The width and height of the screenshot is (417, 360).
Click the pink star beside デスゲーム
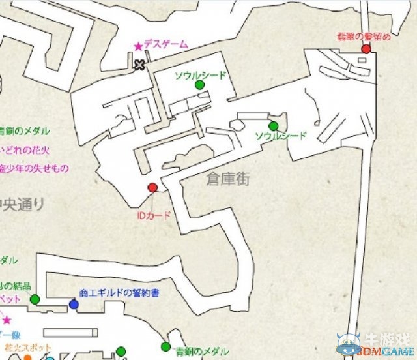[x=138, y=46]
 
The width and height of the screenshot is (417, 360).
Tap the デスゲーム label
[x=165, y=44]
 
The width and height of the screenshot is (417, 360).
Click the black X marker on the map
[x=139, y=64]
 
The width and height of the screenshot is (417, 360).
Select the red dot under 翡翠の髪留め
[x=366, y=49]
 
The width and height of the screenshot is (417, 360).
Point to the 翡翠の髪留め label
[x=364, y=37]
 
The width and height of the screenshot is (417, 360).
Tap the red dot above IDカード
[x=152, y=188]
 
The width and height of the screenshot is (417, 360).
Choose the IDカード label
[x=154, y=215]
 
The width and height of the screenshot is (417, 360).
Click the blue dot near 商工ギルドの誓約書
[x=73, y=304]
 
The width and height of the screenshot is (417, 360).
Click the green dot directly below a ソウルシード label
[x=199, y=85]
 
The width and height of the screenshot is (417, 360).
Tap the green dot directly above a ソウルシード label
[x=273, y=125]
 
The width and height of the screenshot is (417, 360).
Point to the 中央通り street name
[x=22, y=204]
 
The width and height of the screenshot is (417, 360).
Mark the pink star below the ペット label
[x=7, y=321]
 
